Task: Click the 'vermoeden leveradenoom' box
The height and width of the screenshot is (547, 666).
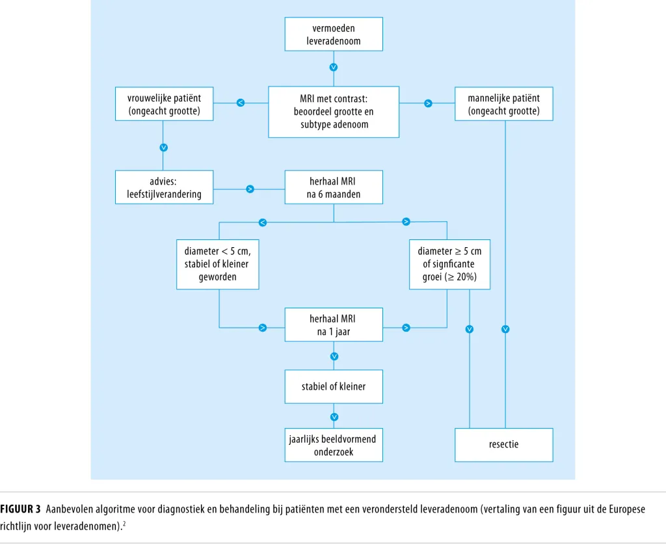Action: pyautogui.click(x=334, y=34)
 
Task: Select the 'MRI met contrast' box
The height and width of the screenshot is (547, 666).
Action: pyautogui.click(x=334, y=112)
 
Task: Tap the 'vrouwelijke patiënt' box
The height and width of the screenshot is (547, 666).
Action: pyautogui.click(x=164, y=104)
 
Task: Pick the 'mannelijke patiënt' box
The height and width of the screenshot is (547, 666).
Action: pyautogui.click(x=504, y=104)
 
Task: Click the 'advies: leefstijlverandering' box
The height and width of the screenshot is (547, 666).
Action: pyautogui.click(x=164, y=187)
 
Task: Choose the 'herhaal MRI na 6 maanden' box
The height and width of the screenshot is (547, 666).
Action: pyautogui.click(x=334, y=187)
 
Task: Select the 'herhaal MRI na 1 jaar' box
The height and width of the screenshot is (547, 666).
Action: pyautogui.click(x=334, y=325)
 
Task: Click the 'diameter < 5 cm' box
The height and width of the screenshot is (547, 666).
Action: pyautogui.click(x=217, y=265)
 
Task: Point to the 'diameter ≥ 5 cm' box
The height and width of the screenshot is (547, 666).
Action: pyautogui.click(x=449, y=265)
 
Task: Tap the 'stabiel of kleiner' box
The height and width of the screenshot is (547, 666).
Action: pyautogui.click(x=334, y=386)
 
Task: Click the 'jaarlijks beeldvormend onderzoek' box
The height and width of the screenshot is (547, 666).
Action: pyautogui.click(x=334, y=445)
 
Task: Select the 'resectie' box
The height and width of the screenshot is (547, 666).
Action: pyautogui.click(x=504, y=445)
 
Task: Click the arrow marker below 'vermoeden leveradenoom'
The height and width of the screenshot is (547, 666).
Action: pyautogui.click(x=334, y=67)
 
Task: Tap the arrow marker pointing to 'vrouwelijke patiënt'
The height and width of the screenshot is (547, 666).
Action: pyautogui.click(x=241, y=103)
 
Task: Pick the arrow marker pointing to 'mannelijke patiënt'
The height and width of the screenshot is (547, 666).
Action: pyautogui.click(x=428, y=103)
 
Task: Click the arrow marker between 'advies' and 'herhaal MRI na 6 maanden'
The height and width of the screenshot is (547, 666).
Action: pyautogui.click(x=250, y=189)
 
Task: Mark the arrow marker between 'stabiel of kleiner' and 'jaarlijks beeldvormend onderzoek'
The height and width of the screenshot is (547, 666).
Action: pyautogui.click(x=334, y=417)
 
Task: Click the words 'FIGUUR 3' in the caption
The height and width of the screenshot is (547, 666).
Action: pyautogui.click(x=20, y=509)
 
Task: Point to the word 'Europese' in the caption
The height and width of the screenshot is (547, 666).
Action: pyautogui.click(x=627, y=509)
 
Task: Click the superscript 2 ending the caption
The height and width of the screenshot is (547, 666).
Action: pyautogui.click(x=124, y=524)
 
